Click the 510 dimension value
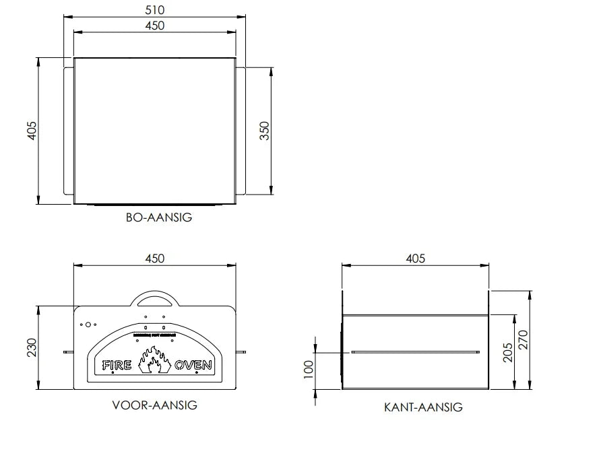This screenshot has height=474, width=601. click(154, 10)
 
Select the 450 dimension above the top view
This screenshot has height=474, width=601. click(154, 26)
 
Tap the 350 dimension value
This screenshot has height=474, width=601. click(264, 130)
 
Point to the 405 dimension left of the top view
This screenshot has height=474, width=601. click(31, 130)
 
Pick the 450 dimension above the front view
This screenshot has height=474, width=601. click(154, 259)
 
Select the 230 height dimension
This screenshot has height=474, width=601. click(31, 347)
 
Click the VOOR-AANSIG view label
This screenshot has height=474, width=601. click(154, 405)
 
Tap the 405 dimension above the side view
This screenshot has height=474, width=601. click(416, 259)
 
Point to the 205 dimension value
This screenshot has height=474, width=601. click(508, 351)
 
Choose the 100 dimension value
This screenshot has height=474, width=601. click(309, 370)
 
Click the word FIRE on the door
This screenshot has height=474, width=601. click(117, 366)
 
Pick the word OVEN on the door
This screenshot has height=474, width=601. click(193, 366)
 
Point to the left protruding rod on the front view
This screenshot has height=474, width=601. click(68, 351)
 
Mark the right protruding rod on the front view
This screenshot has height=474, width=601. click(242, 351)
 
